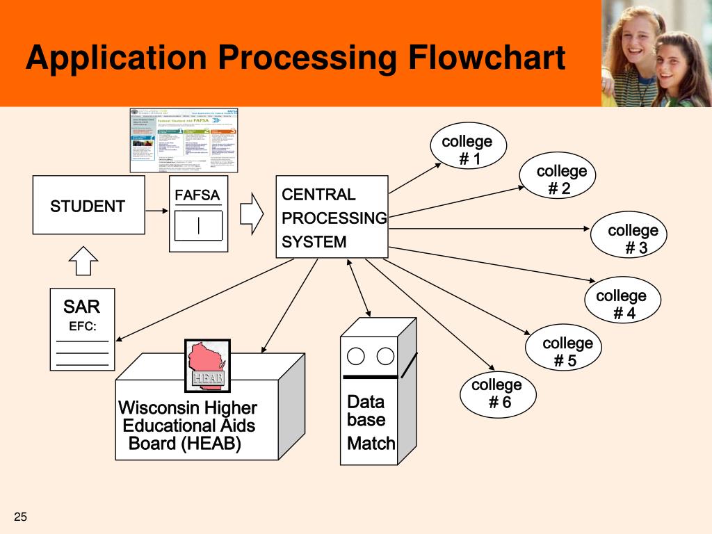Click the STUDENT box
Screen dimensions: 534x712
tap(88, 205)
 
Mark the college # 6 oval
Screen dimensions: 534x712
tap(497, 394)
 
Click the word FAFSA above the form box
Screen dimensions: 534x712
tap(197, 195)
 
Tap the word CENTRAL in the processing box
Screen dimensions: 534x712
tap(318, 195)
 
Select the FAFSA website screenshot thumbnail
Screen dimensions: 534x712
tap(184, 140)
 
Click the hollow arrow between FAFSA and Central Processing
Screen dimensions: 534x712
tap(251, 213)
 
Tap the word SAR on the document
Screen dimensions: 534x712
tap(81, 306)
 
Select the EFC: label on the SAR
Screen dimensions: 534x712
tap(82, 327)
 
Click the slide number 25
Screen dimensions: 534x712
tap(20, 517)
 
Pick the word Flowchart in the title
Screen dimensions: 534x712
tap(486, 58)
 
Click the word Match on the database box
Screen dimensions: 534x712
tap(371, 443)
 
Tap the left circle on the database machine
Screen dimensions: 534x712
tap(356, 357)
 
